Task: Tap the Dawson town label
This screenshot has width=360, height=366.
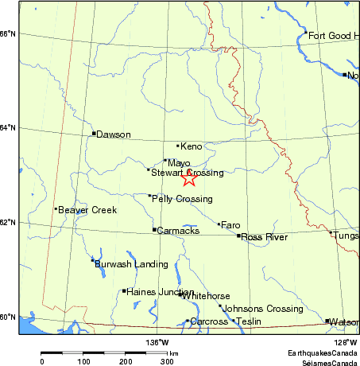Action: [114, 134]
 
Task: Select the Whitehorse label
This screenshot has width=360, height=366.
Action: [206, 295]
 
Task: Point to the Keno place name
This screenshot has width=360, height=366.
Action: [192, 146]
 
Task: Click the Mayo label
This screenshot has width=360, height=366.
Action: [180, 162]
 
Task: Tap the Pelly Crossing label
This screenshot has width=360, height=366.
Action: [182, 198]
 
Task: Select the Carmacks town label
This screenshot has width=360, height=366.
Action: [176, 231]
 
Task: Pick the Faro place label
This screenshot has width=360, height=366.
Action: [230, 225]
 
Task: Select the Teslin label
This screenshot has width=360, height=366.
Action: [249, 321]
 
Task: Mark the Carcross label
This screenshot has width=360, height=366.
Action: [209, 321]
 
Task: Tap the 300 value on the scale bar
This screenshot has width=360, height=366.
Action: [167, 362]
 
